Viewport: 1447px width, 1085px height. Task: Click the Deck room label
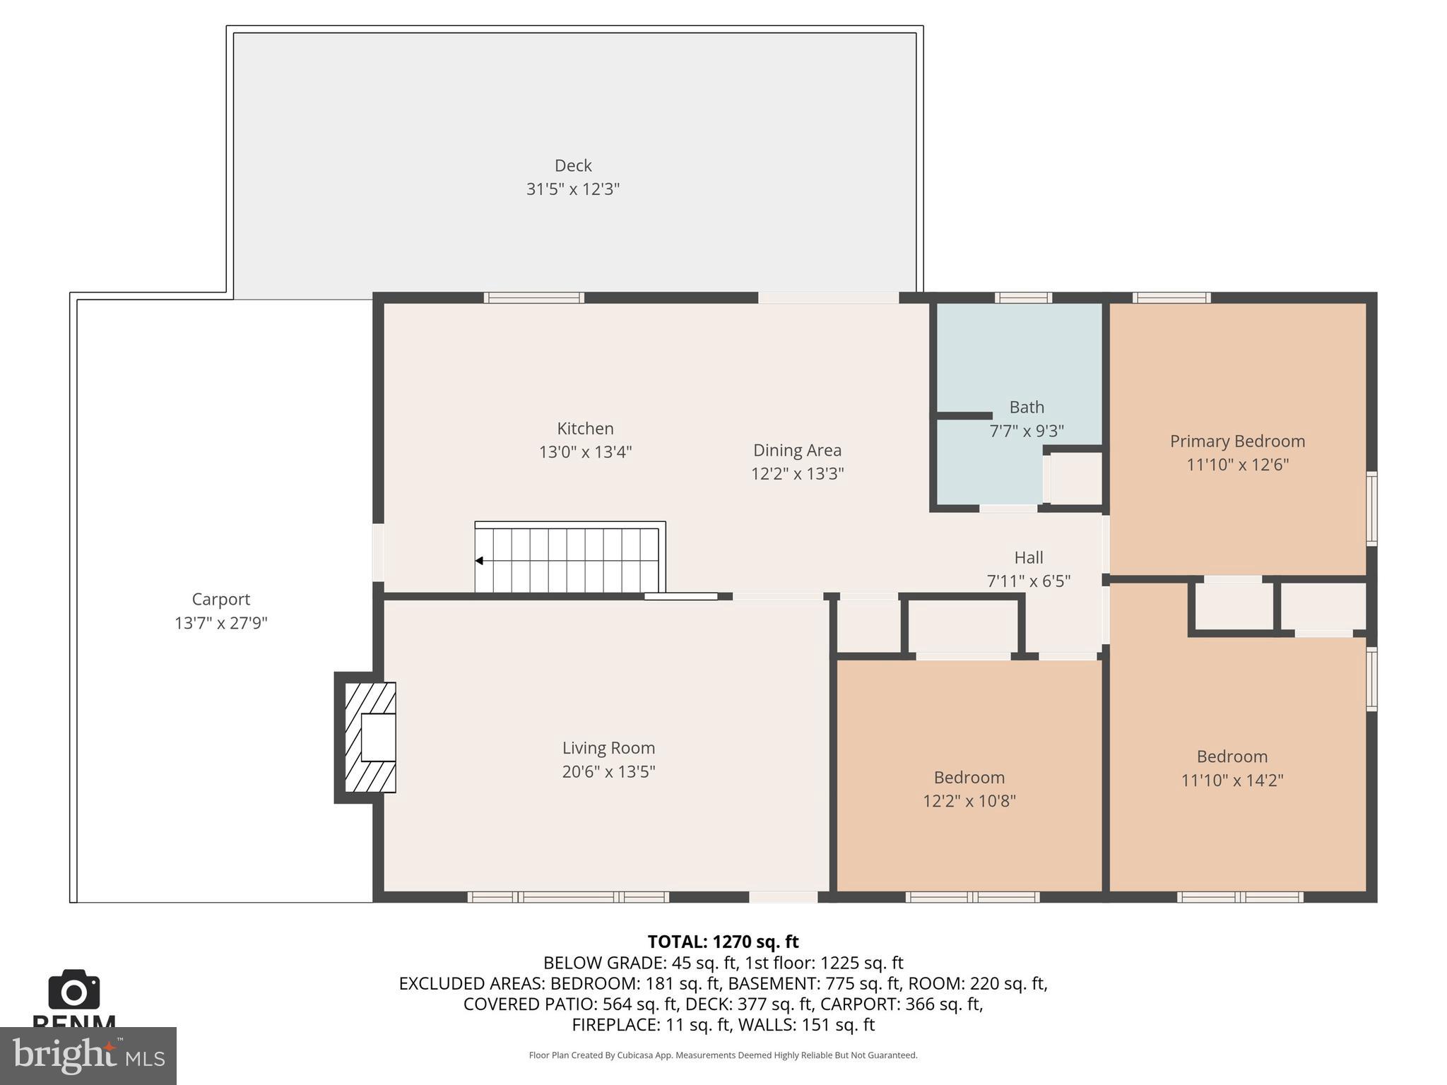pos(572,165)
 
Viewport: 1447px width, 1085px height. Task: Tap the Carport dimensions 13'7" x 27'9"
pos(220,623)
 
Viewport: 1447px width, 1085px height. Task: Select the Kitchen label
pos(585,428)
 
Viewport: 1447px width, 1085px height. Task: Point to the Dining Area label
pos(797,450)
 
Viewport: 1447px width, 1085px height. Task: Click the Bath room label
pos(1026,407)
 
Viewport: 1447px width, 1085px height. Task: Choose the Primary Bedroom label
pos(1237,441)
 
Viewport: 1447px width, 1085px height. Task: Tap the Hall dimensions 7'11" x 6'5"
pos(1028,581)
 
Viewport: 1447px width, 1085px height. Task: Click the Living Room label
pos(608,747)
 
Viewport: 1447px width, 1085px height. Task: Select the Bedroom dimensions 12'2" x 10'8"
pos(969,800)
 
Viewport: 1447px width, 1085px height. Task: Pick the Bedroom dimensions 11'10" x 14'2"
pos(1232,780)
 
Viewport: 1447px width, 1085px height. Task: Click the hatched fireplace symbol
pos(370,737)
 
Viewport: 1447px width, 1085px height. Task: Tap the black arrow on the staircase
pos(479,561)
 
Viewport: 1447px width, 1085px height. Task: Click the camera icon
pos(73,990)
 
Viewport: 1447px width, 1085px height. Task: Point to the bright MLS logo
pos(88,1055)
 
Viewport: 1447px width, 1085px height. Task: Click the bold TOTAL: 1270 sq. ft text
pos(723,942)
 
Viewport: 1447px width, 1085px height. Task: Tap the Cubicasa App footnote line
pos(723,1055)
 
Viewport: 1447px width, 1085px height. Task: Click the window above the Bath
pos(1023,298)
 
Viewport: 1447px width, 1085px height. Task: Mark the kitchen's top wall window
pos(533,298)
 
